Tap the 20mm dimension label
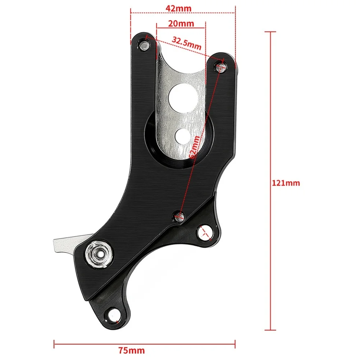pyautogui.click(x=181, y=24)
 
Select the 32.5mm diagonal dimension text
pyautogui.click(x=186, y=43)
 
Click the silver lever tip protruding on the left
pyautogui.click(x=58, y=246)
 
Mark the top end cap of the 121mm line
pyautogui.click(x=270, y=32)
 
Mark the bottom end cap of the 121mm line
pyautogui.click(x=270, y=330)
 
